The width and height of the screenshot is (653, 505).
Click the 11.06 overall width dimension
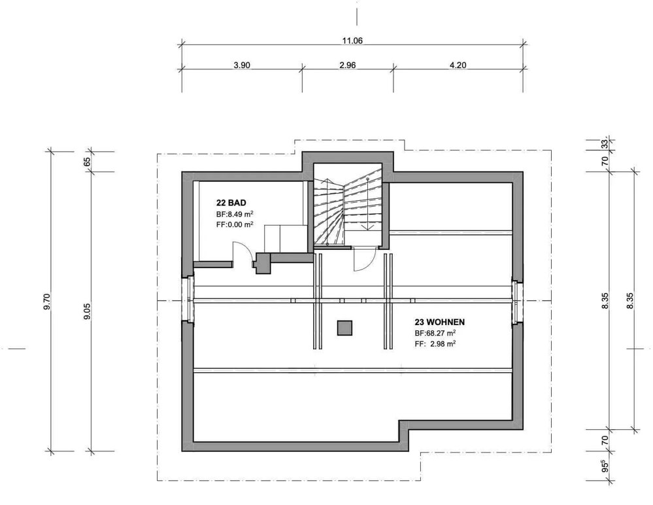click(352, 41)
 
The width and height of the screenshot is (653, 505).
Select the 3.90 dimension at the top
click(242, 65)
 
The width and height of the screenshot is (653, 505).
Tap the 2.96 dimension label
click(348, 65)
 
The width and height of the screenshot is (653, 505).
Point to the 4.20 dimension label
click(458, 65)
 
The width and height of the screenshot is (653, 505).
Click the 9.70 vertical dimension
click(46, 302)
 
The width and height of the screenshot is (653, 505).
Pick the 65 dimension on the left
click(87, 162)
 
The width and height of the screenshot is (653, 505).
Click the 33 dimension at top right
click(605, 144)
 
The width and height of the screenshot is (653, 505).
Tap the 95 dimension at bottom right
click(605, 465)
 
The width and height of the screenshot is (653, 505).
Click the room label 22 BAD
click(231, 203)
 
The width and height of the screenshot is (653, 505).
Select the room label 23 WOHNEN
click(440, 322)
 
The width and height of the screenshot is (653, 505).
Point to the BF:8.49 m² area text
click(235, 214)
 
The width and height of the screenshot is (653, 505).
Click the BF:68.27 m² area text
click(435, 334)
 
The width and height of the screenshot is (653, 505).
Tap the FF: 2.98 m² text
click(435, 343)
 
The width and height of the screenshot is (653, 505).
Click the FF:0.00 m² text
click(235, 224)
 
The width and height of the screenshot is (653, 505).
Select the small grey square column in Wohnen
click(345, 328)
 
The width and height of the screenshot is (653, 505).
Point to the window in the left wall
click(190, 300)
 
